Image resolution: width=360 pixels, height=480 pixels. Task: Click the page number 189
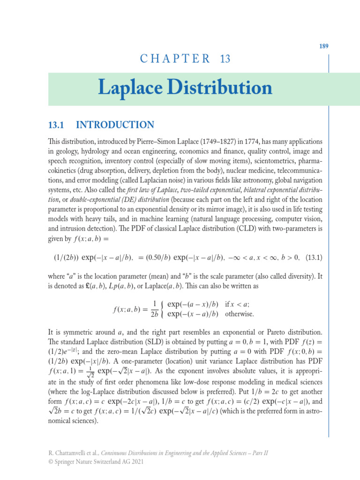(x=324, y=46)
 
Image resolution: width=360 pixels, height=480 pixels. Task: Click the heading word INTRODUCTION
(x=115, y=125)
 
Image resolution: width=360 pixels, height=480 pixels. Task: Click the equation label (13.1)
(x=314, y=258)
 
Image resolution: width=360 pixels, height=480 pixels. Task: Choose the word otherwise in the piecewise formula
(x=240, y=314)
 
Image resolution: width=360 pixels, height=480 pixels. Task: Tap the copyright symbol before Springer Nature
(x=50, y=462)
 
